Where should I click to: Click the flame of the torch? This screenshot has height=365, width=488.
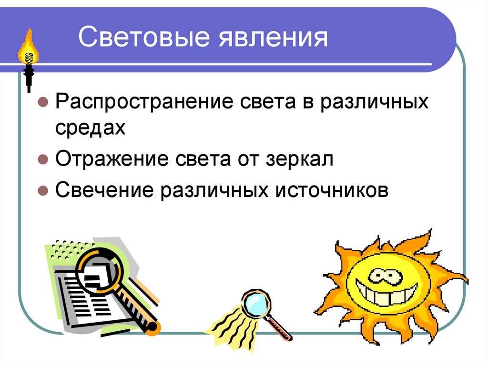click(x=29, y=48)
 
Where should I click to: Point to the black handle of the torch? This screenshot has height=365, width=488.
click(x=29, y=76)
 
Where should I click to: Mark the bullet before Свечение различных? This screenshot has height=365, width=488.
click(x=42, y=190)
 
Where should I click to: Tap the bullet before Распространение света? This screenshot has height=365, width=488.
click(x=42, y=103)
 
